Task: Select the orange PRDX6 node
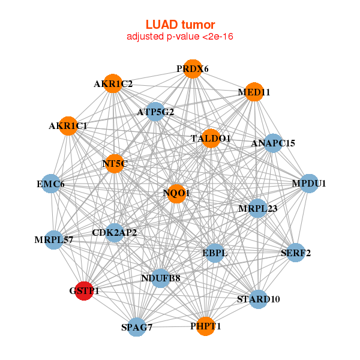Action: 192,69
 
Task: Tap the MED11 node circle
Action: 254,92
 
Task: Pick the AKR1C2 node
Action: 113,84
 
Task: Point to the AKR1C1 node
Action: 68,126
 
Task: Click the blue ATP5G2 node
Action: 155,112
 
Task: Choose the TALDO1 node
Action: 211,139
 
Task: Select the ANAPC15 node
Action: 273,143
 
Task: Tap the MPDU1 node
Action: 308,184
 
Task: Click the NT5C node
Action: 115,163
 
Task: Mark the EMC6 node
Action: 50,184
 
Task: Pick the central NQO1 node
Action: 176,193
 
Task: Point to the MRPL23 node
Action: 257,208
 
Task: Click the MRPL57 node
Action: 53,241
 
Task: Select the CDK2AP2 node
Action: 115,232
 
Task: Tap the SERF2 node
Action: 296,253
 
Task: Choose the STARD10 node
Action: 258,299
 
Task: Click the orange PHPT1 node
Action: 206,326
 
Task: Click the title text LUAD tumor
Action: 180,25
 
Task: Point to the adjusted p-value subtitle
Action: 180,37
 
